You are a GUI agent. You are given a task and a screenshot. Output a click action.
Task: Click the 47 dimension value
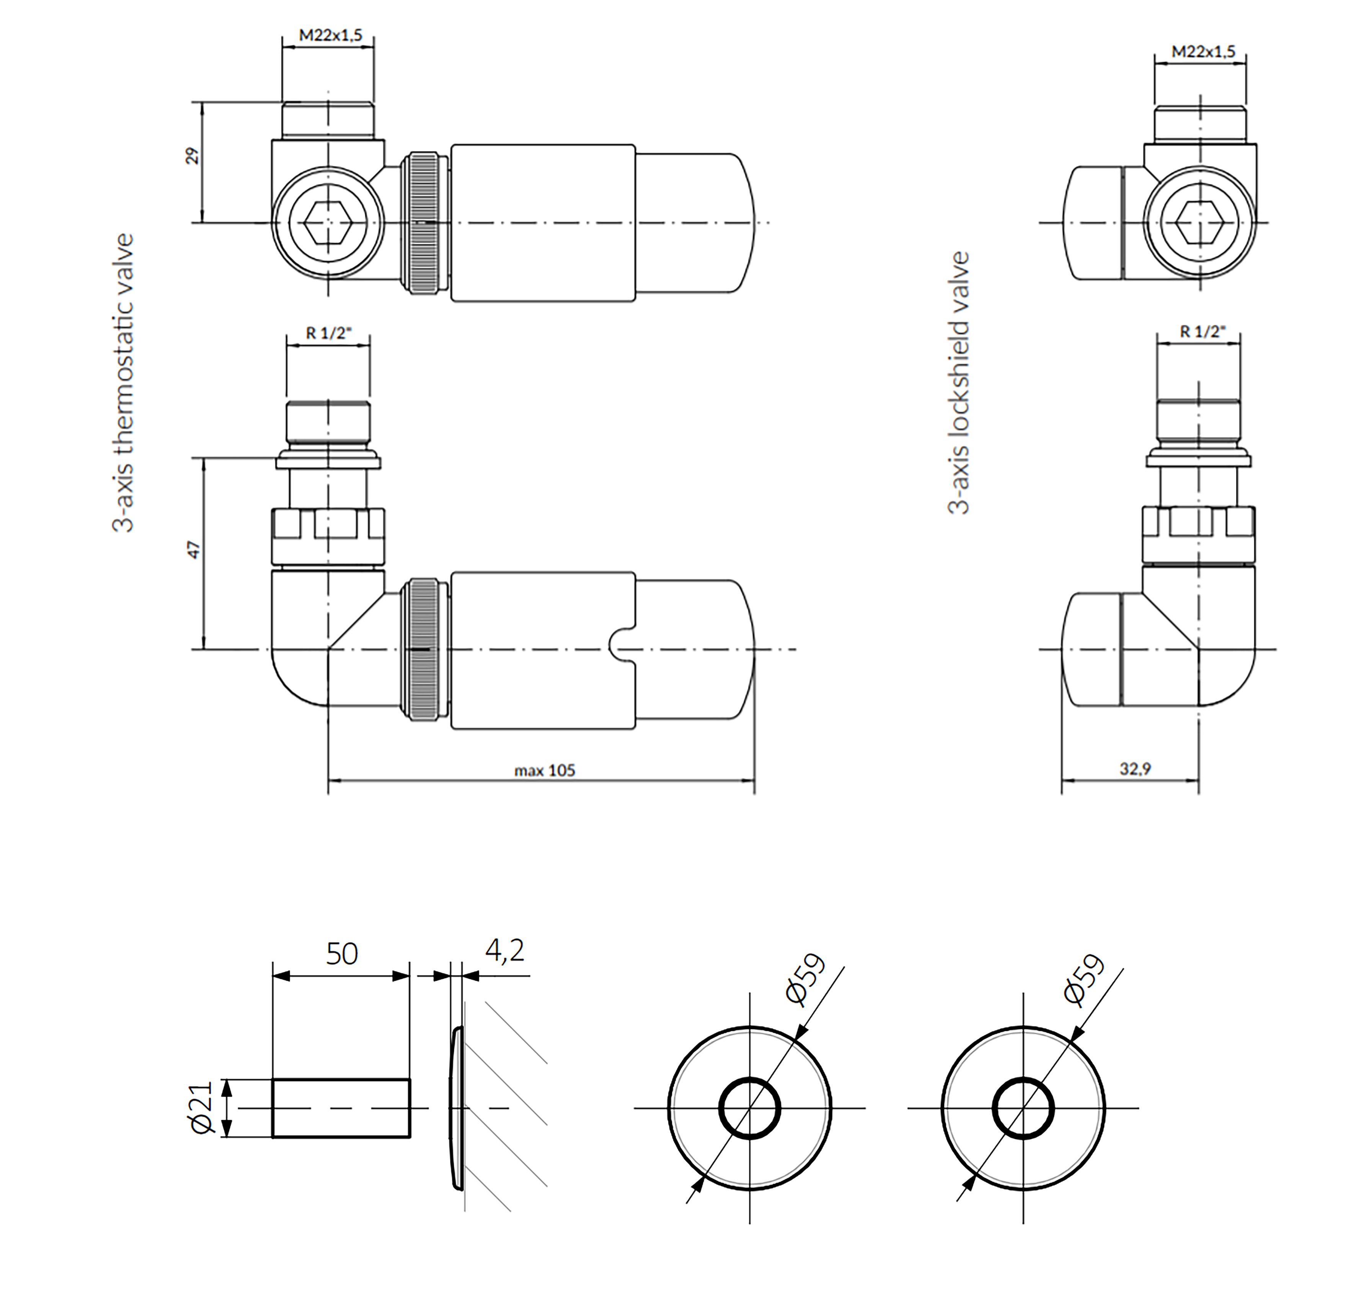click(x=194, y=550)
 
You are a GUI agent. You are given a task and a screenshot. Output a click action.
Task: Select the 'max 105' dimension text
click(x=545, y=771)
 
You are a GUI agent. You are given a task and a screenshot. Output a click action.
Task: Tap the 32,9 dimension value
click(x=1135, y=769)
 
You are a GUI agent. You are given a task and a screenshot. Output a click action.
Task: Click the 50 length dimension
click(x=342, y=954)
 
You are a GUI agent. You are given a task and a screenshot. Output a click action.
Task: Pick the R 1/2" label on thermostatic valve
click(x=329, y=333)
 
